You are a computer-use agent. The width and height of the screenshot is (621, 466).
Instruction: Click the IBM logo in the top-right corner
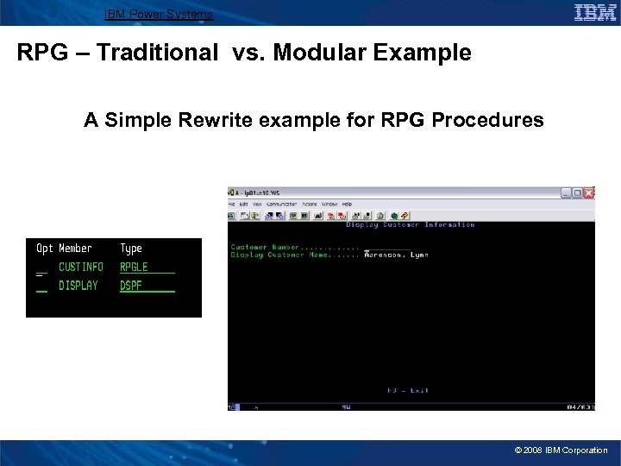[x=595, y=12]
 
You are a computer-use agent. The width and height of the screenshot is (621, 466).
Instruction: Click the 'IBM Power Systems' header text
[x=158, y=14]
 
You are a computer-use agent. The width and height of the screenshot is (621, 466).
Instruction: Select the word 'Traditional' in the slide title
[x=158, y=54]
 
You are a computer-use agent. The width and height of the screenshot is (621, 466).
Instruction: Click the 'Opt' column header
[x=44, y=249]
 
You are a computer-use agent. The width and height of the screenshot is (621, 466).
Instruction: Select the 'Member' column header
[x=75, y=249]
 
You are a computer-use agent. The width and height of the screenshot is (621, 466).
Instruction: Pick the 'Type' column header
[x=131, y=249]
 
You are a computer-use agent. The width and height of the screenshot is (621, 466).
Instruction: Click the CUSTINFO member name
[x=81, y=268]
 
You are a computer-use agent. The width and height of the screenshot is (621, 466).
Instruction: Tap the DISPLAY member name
[x=78, y=286]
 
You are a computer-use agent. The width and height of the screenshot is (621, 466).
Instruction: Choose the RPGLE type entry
[x=135, y=268]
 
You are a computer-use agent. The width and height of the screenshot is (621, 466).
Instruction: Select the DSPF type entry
[x=131, y=286]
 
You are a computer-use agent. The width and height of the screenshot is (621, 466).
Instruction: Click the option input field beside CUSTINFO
[x=41, y=269]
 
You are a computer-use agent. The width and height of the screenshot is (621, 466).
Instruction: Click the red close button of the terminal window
[x=589, y=192]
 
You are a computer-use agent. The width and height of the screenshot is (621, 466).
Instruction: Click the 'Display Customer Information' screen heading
[x=410, y=224]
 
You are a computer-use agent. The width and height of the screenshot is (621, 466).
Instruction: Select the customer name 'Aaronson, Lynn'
[x=396, y=255]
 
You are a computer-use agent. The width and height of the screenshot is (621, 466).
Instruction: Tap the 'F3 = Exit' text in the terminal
[x=408, y=390]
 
